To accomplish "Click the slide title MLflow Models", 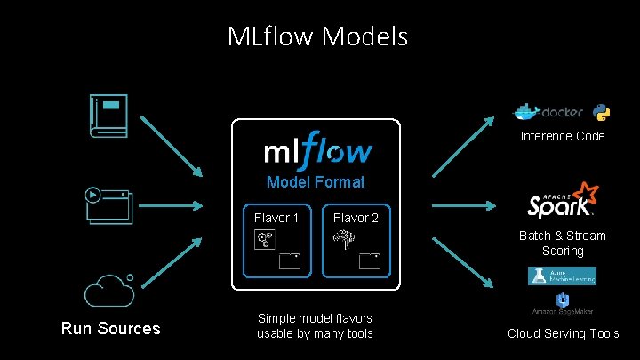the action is point(317,36).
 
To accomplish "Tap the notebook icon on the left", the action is point(109,116).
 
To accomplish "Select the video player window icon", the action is point(108,205).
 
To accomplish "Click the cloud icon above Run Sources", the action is point(110,290).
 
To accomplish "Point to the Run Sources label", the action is point(110,329).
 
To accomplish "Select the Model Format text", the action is point(316,182).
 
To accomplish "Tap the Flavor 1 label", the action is point(276,217).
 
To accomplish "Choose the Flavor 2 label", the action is point(356,217).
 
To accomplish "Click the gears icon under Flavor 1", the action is point(264,239).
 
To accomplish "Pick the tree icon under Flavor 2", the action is point(342,239).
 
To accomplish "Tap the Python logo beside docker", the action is point(602,112).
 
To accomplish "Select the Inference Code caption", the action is point(563,136).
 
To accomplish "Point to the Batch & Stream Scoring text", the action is point(563,243).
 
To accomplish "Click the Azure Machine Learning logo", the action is point(563,276).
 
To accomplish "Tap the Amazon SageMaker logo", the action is point(563,304).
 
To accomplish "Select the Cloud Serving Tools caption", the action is point(564,333).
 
